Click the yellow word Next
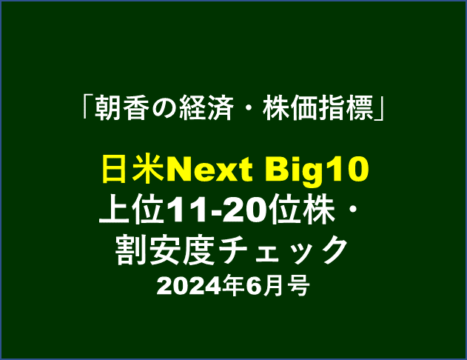(x=209, y=170)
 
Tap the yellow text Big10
(x=317, y=171)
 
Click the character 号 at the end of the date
(x=299, y=285)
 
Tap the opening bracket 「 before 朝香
(x=87, y=107)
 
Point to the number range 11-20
(x=217, y=209)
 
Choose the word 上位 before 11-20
(x=132, y=209)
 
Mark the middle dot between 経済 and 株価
(x=247, y=108)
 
